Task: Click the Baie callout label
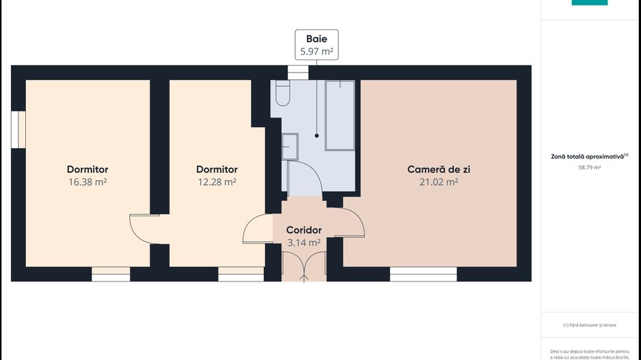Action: [x=316, y=39]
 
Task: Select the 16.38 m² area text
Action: [x=87, y=182]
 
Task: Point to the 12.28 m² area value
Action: [x=217, y=182]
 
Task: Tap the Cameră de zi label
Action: [x=438, y=169]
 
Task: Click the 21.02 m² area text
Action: [x=438, y=182]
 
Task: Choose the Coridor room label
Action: [x=304, y=230]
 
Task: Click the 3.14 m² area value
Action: [x=304, y=243]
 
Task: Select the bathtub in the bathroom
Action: [x=340, y=114]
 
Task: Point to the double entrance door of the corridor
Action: [x=304, y=266]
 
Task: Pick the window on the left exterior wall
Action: [x=18, y=129]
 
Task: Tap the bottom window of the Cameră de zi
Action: [x=423, y=274]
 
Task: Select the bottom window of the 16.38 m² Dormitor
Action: [x=111, y=274]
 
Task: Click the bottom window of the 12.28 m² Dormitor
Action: [x=241, y=274]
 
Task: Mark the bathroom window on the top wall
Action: [x=298, y=72]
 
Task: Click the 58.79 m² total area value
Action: [x=589, y=167]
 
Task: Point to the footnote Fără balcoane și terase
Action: [x=589, y=325]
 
